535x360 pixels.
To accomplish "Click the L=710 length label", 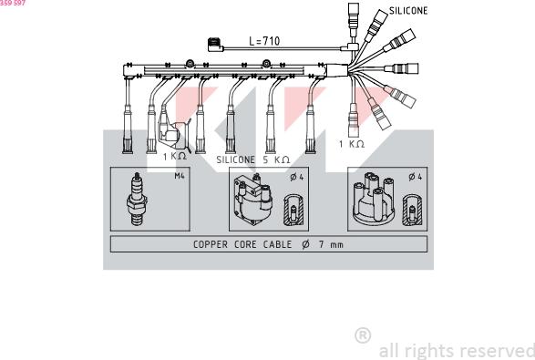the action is coord(264,41).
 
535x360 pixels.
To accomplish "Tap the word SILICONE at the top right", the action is coord(408,11).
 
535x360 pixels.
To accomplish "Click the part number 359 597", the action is coord(13,3).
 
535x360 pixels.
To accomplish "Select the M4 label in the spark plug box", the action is coord(180,176).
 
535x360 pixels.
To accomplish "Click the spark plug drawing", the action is coord(137,199).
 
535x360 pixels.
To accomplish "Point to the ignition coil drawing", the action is coord(252,200).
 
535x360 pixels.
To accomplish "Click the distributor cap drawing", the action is coord(374,200).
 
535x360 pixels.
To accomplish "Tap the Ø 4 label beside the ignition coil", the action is coord(297,177).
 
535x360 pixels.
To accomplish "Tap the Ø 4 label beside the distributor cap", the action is coord(416,177).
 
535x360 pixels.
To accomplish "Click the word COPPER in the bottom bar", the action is coord(211,244).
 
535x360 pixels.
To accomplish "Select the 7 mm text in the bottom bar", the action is coord(331,244).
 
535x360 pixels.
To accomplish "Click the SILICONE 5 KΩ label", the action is coord(253,159).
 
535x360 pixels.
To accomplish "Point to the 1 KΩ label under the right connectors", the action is coord(352,144).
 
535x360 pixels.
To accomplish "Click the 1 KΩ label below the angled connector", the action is coord(174,156).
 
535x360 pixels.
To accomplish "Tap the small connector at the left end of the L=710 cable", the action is coord(215,45).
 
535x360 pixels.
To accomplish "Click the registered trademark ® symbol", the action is coord(363,335).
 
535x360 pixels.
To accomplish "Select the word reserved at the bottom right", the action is coord(498,351).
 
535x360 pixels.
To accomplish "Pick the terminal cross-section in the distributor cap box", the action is coord(412,211).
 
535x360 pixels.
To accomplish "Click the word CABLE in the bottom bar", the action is coord(277,244).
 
